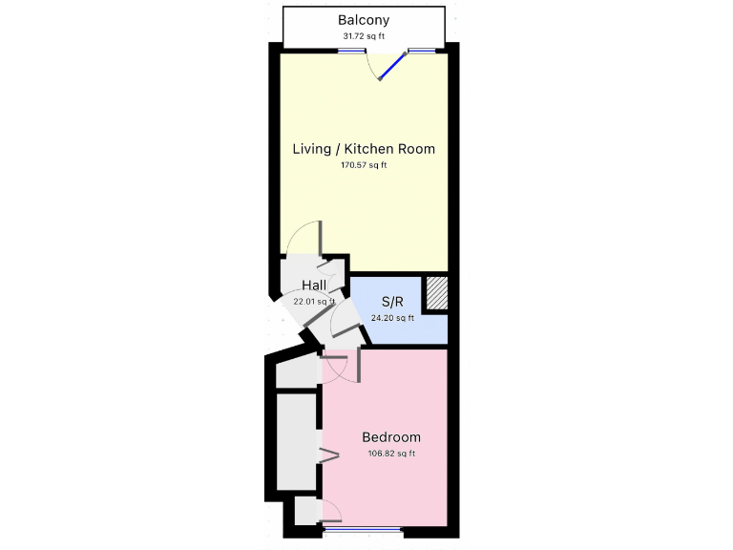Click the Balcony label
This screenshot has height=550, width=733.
(x=364, y=20)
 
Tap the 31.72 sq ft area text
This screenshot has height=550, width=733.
(x=364, y=36)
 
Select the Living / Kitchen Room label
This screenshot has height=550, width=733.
(x=364, y=149)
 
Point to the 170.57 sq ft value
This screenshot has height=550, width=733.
(x=364, y=165)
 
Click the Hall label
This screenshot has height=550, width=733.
(x=314, y=286)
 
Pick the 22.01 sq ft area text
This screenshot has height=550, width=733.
(x=314, y=302)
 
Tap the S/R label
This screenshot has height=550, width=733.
(x=391, y=303)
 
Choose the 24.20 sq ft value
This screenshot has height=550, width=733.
(x=391, y=319)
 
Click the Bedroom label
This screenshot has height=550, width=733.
(x=391, y=437)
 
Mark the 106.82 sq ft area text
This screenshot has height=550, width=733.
(x=391, y=454)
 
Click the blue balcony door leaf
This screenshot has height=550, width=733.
(x=392, y=65)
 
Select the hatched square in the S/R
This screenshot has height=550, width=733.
(x=435, y=292)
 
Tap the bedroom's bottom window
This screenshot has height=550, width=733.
(x=362, y=528)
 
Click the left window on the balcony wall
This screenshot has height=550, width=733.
(x=351, y=51)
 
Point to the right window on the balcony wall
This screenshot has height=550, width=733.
(x=421, y=51)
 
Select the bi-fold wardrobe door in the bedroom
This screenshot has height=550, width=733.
(x=328, y=455)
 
